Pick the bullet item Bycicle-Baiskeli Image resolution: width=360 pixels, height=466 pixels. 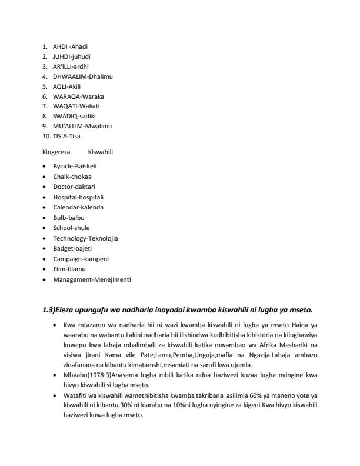pyautogui.click(x=75, y=167)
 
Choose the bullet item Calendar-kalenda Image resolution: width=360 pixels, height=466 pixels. pyautogui.click(x=78, y=207)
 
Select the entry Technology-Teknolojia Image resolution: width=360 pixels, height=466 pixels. pyautogui.click(x=85, y=238)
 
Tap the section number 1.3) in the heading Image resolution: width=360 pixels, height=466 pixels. pyautogui.click(x=49, y=310)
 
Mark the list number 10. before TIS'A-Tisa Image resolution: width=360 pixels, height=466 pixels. pyautogui.click(x=46, y=136)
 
